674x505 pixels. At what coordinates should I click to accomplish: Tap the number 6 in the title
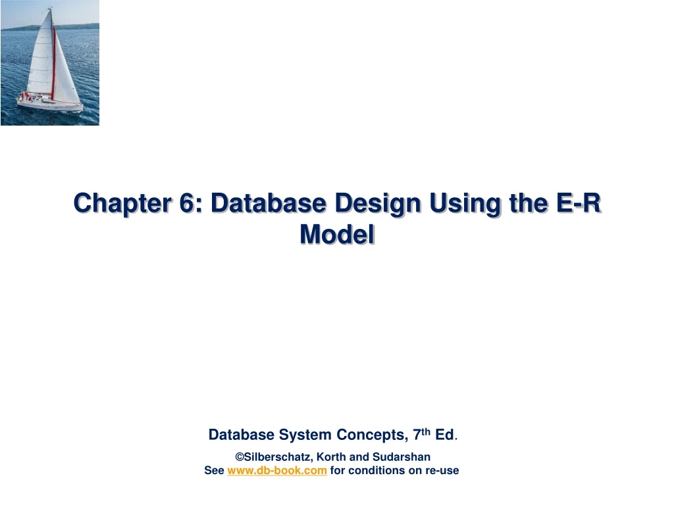[194, 204]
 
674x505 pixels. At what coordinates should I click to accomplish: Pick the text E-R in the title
[579, 204]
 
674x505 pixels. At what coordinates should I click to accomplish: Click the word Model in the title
[337, 235]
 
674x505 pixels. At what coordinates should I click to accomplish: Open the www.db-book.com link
[277, 470]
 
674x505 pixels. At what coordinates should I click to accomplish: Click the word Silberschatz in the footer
[275, 456]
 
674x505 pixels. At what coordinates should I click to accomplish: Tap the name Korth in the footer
[330, 456]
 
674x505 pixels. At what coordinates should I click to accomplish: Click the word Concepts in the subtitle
[371, 435]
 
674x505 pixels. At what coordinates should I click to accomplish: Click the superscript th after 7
[427, 431]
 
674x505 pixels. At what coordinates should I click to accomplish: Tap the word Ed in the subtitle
[444, 435]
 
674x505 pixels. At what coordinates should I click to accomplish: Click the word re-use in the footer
[443, 470]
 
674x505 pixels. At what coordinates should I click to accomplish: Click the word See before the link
[214, 470]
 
